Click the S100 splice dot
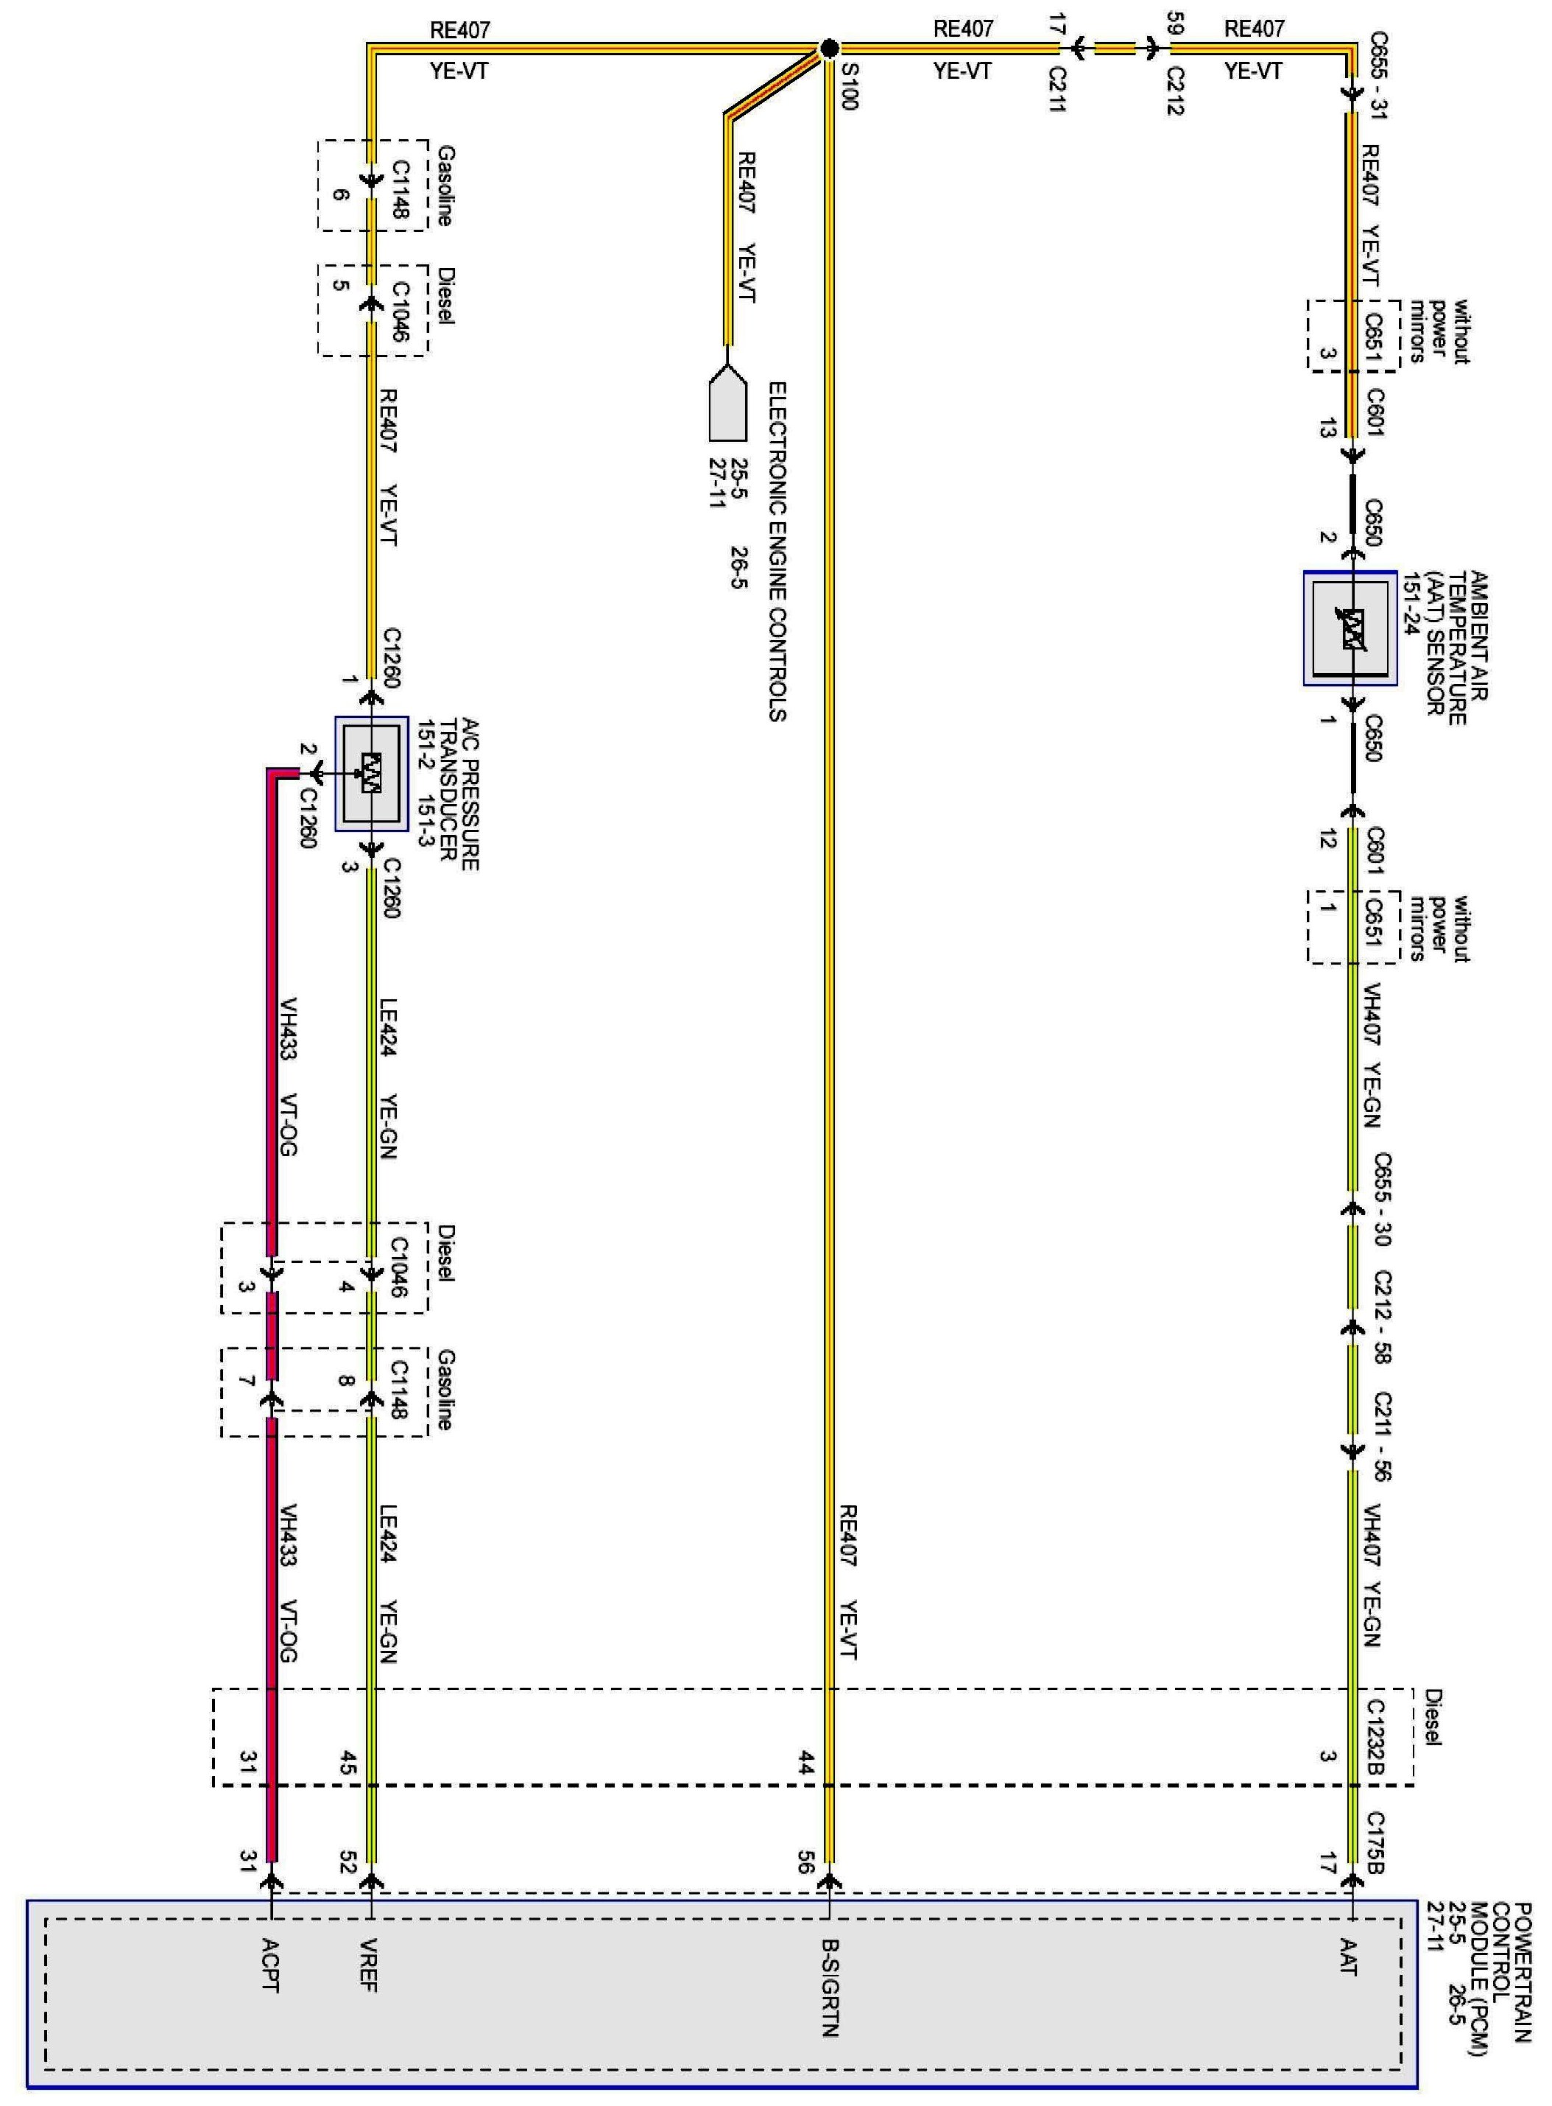click(x=828, y=48)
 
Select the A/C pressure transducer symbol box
click(x=372, y=773)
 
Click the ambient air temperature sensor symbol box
click(x=1350, y=628)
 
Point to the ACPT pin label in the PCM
click(x=269, y=1965)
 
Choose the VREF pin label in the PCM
click(x=368, y=1965)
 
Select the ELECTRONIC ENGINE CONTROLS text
click(x=777, y=551)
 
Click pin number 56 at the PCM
click(x=804, y=1863)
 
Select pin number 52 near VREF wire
click(x=348, y=1863)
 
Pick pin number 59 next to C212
click(x=1174, y=23)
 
